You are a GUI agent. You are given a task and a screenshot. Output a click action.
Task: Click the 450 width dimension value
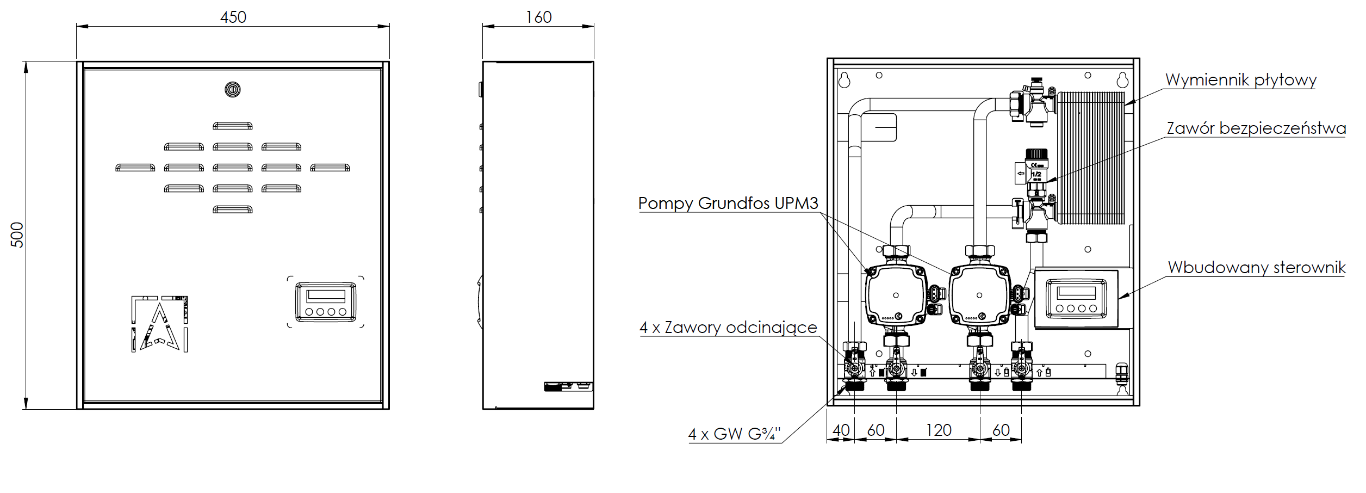pos(233,17)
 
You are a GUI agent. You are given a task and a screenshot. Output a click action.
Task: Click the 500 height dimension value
pos(17,235)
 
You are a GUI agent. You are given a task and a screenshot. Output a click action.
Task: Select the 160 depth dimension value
pos(538,17)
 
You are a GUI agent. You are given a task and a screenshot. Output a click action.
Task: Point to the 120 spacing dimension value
pos(938,430)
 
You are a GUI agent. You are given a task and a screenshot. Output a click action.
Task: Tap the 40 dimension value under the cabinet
pos(841,430)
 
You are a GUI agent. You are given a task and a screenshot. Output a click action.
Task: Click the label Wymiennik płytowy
pos(1241,81)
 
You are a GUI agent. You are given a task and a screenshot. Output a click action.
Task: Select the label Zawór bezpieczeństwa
pos(1256,128)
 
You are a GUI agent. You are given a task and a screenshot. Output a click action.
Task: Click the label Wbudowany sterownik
pos(1257,268)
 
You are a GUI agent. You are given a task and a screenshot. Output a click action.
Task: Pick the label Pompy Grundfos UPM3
pos(728,204)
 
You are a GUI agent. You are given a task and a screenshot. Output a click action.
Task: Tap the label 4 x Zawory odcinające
pos(728,328)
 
